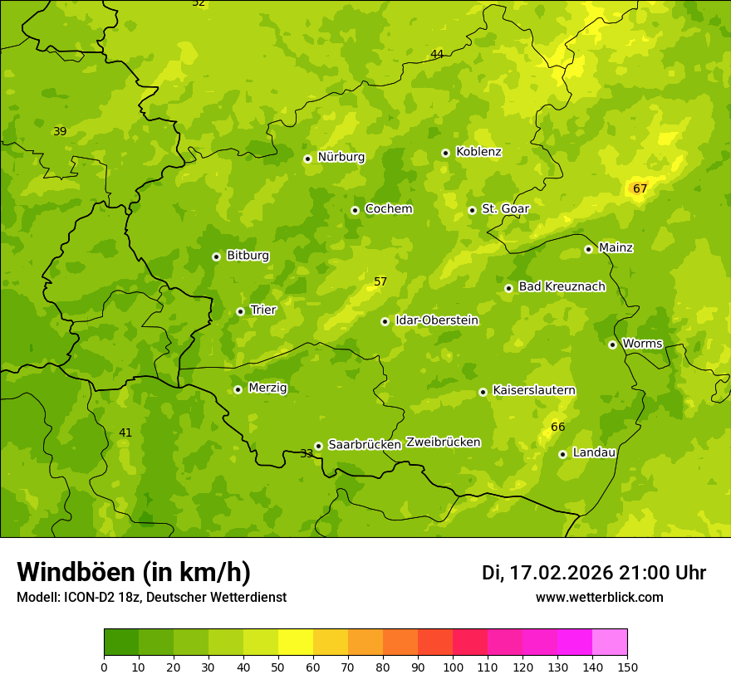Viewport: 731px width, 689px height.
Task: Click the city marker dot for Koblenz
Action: coord(445,153)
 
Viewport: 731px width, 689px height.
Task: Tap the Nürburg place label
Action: coord(341,157)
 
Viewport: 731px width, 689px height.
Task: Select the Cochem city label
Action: coord(388,209)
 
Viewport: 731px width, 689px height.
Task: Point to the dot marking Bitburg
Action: coord(216,257)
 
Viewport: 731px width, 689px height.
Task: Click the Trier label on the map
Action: coord(262,310)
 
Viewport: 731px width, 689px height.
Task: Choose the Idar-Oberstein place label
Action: coord(436,320)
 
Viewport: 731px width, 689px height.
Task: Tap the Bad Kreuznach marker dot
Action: coord(508,288)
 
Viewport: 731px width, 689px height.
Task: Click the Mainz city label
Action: coord(616,248)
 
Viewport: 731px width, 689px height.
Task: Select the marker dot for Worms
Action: coord(612,344)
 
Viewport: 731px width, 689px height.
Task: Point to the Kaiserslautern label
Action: coord(533,390)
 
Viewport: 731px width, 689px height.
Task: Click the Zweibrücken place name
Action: coord(443,442)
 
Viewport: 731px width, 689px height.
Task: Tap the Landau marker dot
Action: coord(562,454)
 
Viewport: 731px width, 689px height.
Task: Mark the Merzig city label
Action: coord(267,388)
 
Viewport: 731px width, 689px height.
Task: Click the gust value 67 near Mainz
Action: coord(640,189)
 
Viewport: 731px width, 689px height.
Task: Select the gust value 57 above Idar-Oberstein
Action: coord(380,282)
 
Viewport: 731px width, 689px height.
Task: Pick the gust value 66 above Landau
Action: coord(557,428)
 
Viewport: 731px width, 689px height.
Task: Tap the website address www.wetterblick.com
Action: coord(599,598)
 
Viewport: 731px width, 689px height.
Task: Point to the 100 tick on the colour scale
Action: coord(453,666)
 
